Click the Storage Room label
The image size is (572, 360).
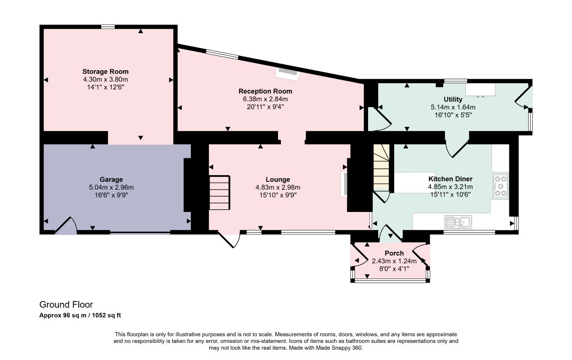105,72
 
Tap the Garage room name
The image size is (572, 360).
111,180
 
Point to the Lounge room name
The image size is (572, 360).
278,180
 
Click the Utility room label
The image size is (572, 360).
453,99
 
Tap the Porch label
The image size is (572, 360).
394,253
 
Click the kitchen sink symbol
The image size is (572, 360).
458,221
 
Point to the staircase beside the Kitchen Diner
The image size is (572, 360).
381,167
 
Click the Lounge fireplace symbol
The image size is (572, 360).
344,183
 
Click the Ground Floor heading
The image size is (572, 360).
66,305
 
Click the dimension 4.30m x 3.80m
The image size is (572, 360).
105,79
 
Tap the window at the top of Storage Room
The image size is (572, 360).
108,27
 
